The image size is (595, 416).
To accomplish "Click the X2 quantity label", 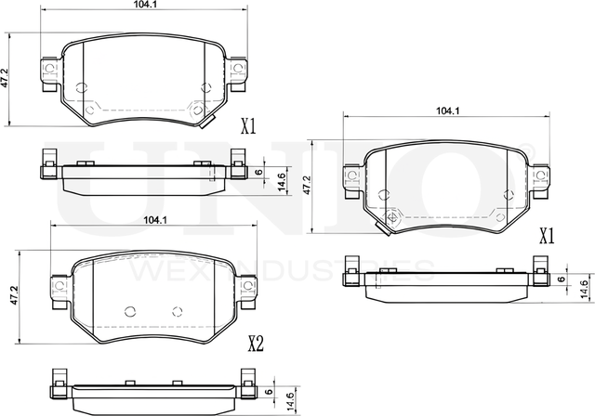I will (255, 344).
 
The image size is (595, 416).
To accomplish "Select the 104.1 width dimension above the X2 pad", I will (156, 220).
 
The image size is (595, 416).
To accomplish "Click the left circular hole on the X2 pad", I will (130, 312).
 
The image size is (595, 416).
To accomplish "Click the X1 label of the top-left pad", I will (247, 125).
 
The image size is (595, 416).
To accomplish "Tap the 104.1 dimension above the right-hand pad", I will (448, 110).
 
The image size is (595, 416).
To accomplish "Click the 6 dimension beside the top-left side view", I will (258, 173).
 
